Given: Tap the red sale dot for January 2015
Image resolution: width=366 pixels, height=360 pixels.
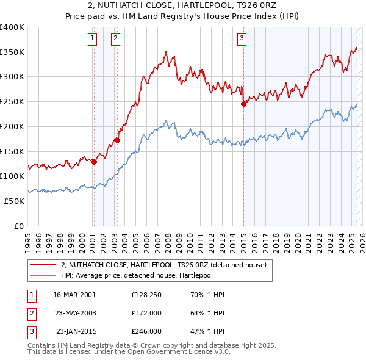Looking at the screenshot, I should click(243, 104).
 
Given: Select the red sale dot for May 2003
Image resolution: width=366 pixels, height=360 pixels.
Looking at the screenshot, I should click(117, 140).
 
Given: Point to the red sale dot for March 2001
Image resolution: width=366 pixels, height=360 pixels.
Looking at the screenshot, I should click(94, 162).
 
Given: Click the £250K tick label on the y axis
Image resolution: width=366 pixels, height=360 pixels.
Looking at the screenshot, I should click(12, 102).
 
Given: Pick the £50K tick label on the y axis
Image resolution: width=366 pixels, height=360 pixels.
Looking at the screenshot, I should click(14, 201).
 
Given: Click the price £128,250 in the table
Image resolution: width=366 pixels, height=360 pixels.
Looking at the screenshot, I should click(147, 295).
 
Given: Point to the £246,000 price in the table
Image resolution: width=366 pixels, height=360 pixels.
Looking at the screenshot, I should click(147, 331).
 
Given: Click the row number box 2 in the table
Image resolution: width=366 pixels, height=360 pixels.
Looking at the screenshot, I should click(31, 313).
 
